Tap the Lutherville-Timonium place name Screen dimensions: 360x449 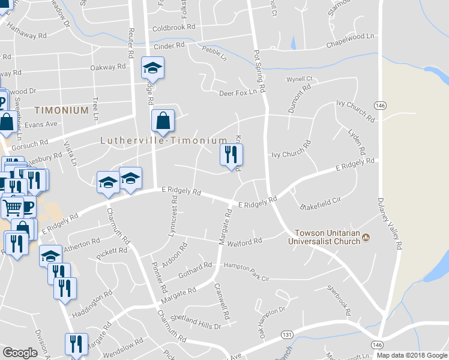tap(163, 140)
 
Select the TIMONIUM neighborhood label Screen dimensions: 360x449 tap(61, 110)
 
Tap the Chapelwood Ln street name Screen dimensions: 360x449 tap(350, 41)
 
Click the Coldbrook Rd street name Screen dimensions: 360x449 tap(174, 28)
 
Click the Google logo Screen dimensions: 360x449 tap(20, 353)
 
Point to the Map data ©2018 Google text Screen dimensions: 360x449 tap(411, 355)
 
